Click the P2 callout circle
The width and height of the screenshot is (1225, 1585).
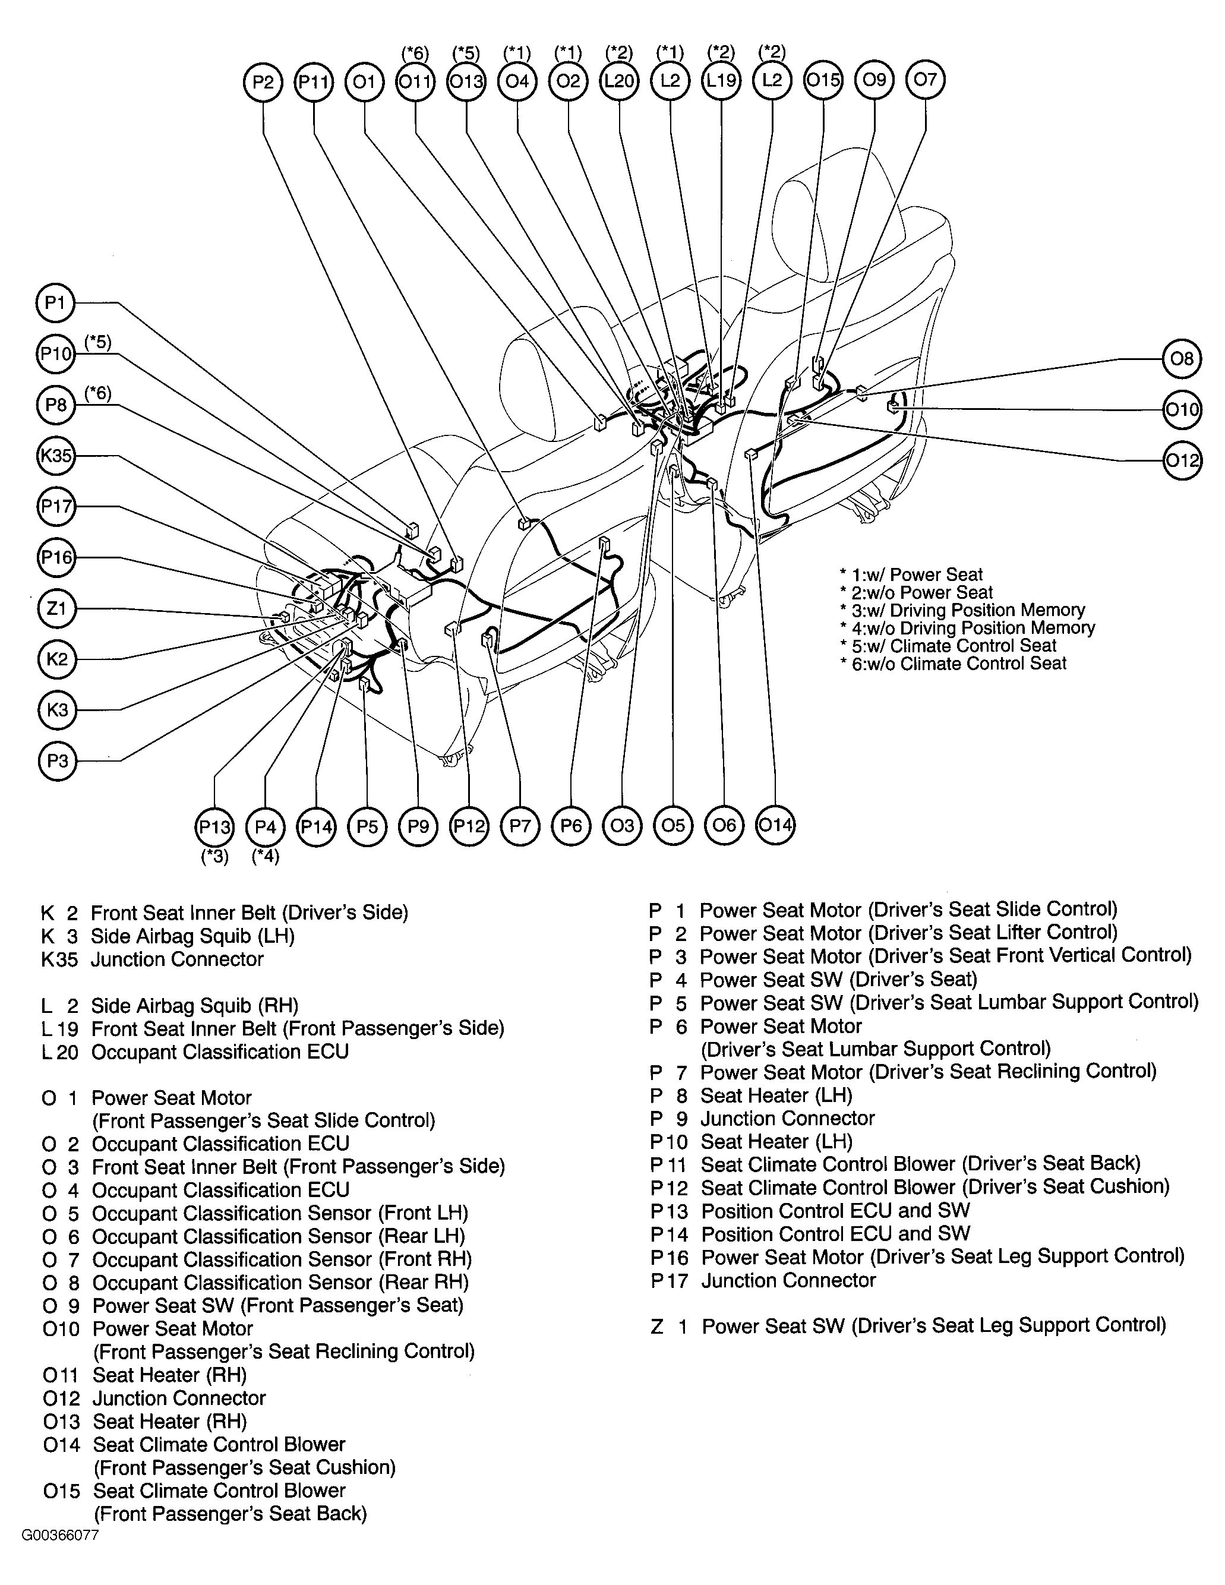click(262, 82)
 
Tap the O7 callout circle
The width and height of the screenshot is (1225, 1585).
click(925, 79)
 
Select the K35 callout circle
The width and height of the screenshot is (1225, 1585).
click(56, 456)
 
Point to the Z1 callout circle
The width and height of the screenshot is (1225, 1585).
click(56, 608)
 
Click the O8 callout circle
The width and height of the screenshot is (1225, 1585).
click(1182, 358)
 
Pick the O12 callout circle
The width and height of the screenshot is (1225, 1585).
click(1182, 460)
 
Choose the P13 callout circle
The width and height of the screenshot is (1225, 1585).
click(215, 826)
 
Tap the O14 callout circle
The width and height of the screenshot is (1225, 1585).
click(775, 825)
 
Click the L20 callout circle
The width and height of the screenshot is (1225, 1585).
click(619, 81)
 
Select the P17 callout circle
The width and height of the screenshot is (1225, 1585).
click(56, 507)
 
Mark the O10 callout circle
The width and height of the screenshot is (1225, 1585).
click(1182, 410)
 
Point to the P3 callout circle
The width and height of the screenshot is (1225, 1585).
click(56, 761)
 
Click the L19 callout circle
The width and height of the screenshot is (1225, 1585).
click(721, 81)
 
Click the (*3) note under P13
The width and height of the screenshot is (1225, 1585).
click(215, 857)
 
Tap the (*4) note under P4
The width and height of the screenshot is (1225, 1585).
click(266, 857)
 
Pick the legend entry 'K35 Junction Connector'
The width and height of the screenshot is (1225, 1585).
click(153, 959)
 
